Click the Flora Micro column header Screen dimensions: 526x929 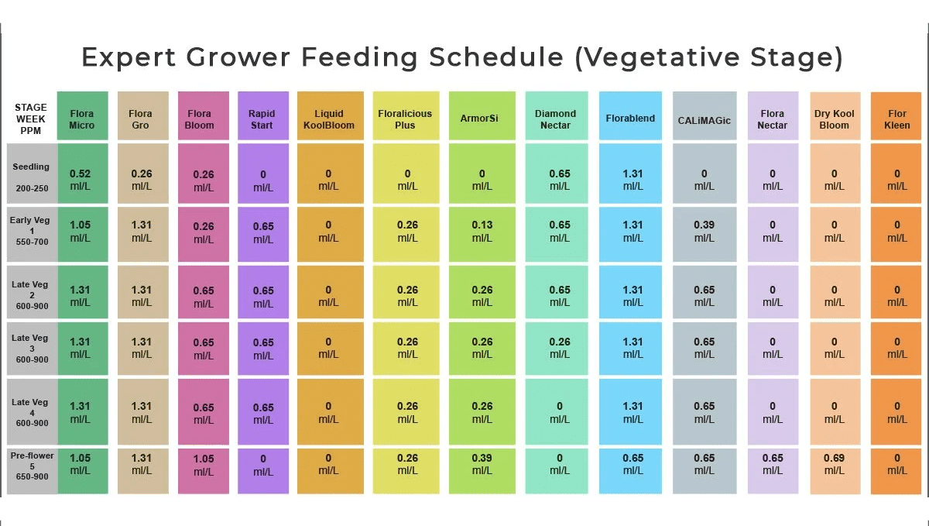click(81, 119)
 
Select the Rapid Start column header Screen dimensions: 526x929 click(262, 119)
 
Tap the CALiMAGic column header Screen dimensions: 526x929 click(704, 119)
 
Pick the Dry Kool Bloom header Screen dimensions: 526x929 click(834, 119)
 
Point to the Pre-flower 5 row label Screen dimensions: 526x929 click(31, 469)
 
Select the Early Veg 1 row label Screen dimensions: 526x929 click(31, 231)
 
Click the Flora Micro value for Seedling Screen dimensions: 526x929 click(81, 180)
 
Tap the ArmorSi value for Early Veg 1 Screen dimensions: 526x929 click(482, 232)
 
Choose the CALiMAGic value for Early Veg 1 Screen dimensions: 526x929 click(704, 232)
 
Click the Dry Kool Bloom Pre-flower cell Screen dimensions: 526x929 click(834, 464)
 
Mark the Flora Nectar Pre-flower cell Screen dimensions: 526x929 click(772, 464)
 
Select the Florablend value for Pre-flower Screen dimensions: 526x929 click(632, 464)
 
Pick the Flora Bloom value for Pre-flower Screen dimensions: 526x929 click(204, 464)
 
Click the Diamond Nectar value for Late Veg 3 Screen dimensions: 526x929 click(560, 348)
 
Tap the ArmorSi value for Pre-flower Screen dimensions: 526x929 click(482, 464)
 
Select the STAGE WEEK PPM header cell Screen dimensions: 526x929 click(31, 119)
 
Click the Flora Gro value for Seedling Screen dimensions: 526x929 click(142, 180)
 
